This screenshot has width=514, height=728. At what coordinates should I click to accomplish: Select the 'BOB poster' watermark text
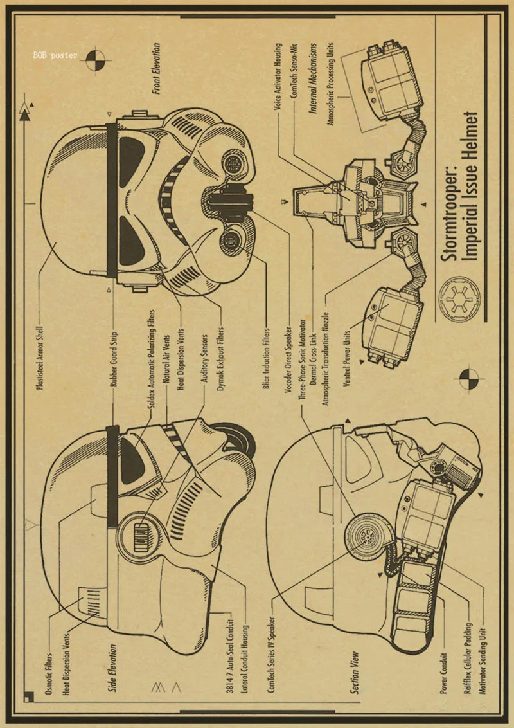[55, 55]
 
